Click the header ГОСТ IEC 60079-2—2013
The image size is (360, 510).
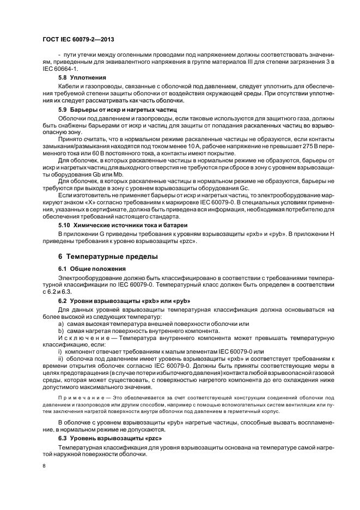(78, 40)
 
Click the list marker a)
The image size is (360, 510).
(61, 324)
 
